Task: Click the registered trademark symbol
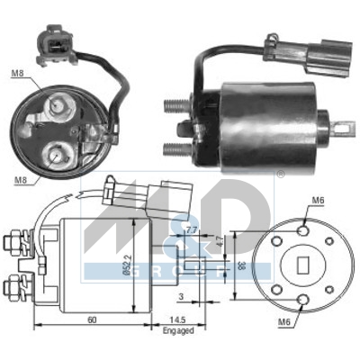click(279, 176)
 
